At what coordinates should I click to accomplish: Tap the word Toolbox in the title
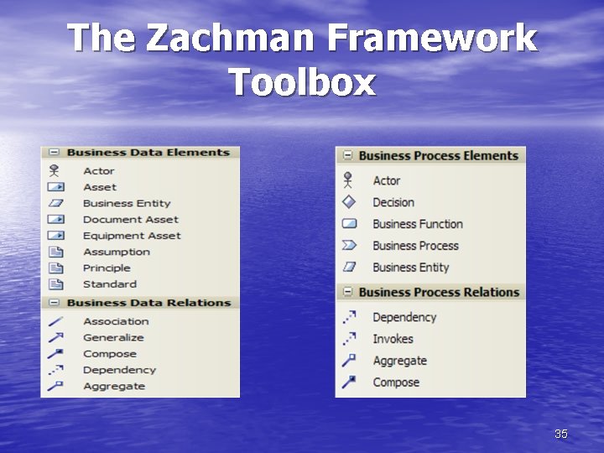[x=302, y=83]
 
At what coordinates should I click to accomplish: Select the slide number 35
[x=561, y=434]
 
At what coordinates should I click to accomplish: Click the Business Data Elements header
[x=148, y=153]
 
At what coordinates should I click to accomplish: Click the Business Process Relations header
[x=439, y=292]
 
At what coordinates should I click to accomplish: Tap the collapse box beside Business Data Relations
[x=55, y=303]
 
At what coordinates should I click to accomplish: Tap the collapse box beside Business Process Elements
[x=346, y=155]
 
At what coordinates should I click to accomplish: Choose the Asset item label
[x=100, y=187]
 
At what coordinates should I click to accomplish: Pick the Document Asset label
[x=130, y=220]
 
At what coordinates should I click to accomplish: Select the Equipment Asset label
[x=132, y=236]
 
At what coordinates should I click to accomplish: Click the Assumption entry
[x=117, y=252]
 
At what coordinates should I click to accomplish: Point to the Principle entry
[x=107, y=268]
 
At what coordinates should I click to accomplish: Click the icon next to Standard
[x=55, y=284]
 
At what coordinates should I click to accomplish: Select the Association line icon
[x=55, y=321]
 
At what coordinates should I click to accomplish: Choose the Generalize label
[x=113, y=337]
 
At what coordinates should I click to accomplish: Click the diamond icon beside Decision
[x=349, y=202]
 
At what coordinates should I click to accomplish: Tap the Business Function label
[x=418, y=224]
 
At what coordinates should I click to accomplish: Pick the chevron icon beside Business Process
[x=349, y=246]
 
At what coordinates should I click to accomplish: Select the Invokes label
[x=393, y=339]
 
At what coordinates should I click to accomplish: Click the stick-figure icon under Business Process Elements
[x=349, y=180]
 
